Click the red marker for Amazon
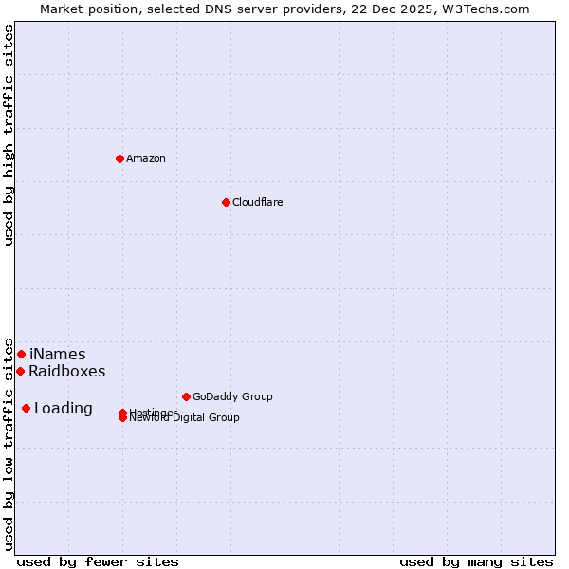pos(119,158)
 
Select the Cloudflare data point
pos(226,202)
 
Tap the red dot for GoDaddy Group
pos(186,396)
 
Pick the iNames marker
pos(21,354)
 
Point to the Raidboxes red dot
pos(20,371)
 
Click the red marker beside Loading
pos(26,408)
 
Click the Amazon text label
pos(145,158)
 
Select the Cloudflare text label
pos(257,202)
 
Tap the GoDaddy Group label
pos(232,396)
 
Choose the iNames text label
pos(57,354)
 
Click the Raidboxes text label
pos(66,371)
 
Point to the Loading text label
pos(63,408)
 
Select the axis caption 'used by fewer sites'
pos(98,561)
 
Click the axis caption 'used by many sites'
pos(476,561)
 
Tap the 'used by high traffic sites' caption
pos(9,136)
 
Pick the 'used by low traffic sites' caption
pos(9,444)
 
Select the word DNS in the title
pos(227,9)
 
